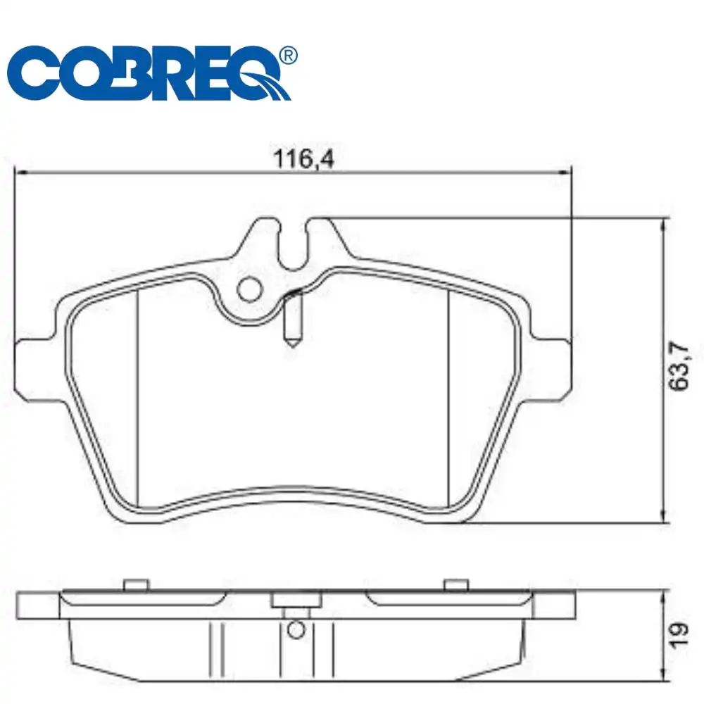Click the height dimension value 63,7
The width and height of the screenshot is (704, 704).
(679, 366)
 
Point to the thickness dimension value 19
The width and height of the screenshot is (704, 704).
(679, 634)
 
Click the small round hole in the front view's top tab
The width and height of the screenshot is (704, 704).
(249, 288)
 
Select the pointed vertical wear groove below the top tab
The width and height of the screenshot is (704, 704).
(293, 320)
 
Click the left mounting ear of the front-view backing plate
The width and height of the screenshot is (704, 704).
(35, 363)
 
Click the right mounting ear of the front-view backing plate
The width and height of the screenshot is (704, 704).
(553, 363)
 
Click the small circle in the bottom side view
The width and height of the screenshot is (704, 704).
(296, 628)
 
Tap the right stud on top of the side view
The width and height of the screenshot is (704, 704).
(456, 584)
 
